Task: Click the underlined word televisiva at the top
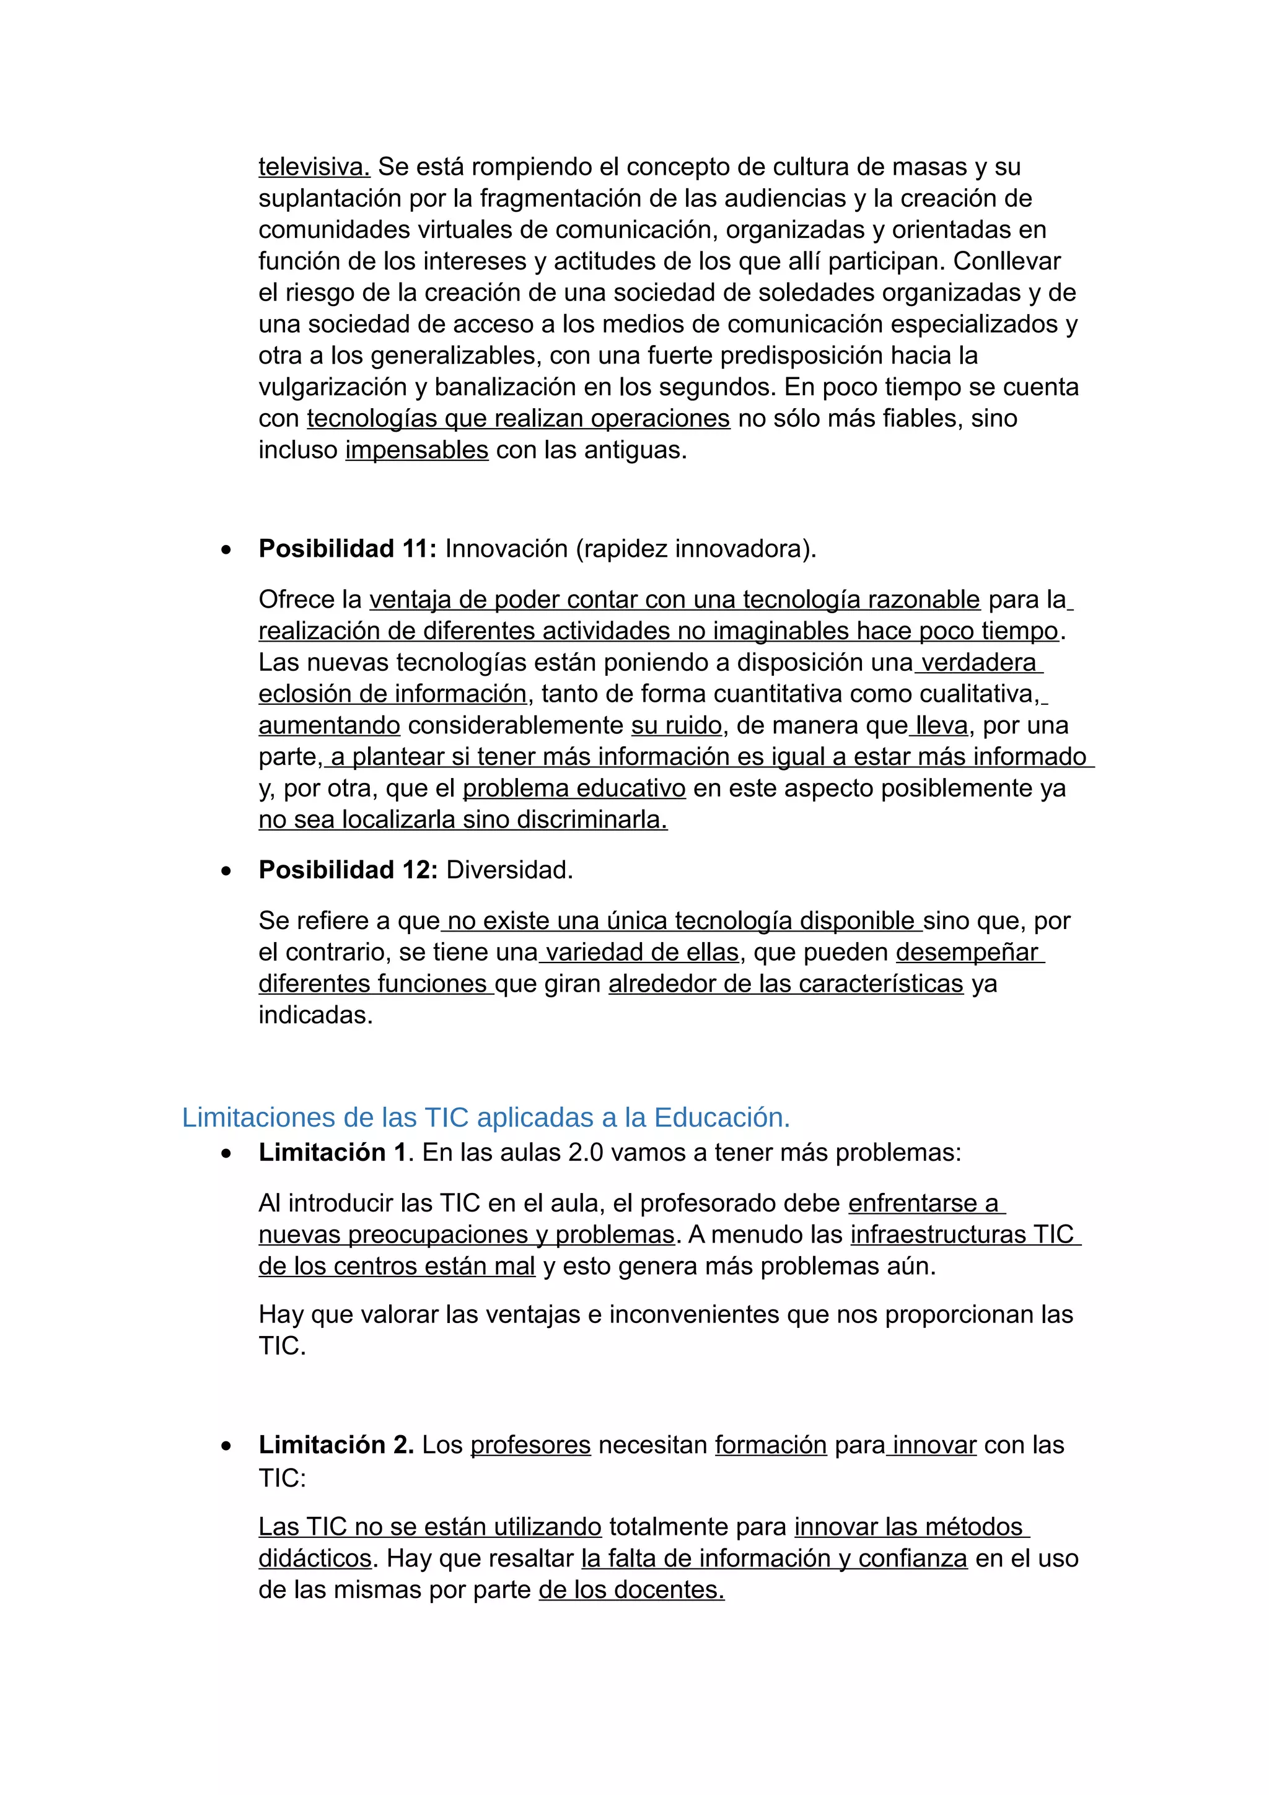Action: [314, 167]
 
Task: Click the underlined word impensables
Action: [417, 450]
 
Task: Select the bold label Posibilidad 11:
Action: [347, 549]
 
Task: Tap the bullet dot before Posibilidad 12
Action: [226, 871]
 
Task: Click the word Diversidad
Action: [509, 870]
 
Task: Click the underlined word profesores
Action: [530, 1445]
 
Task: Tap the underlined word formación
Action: [770, 1445]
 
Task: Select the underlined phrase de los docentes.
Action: [631, 1589]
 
